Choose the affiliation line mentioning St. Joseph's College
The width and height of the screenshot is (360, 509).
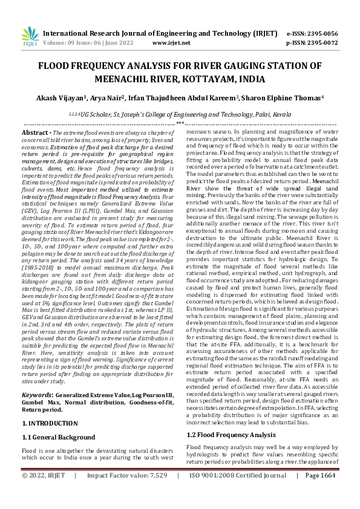tap(180, 114)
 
